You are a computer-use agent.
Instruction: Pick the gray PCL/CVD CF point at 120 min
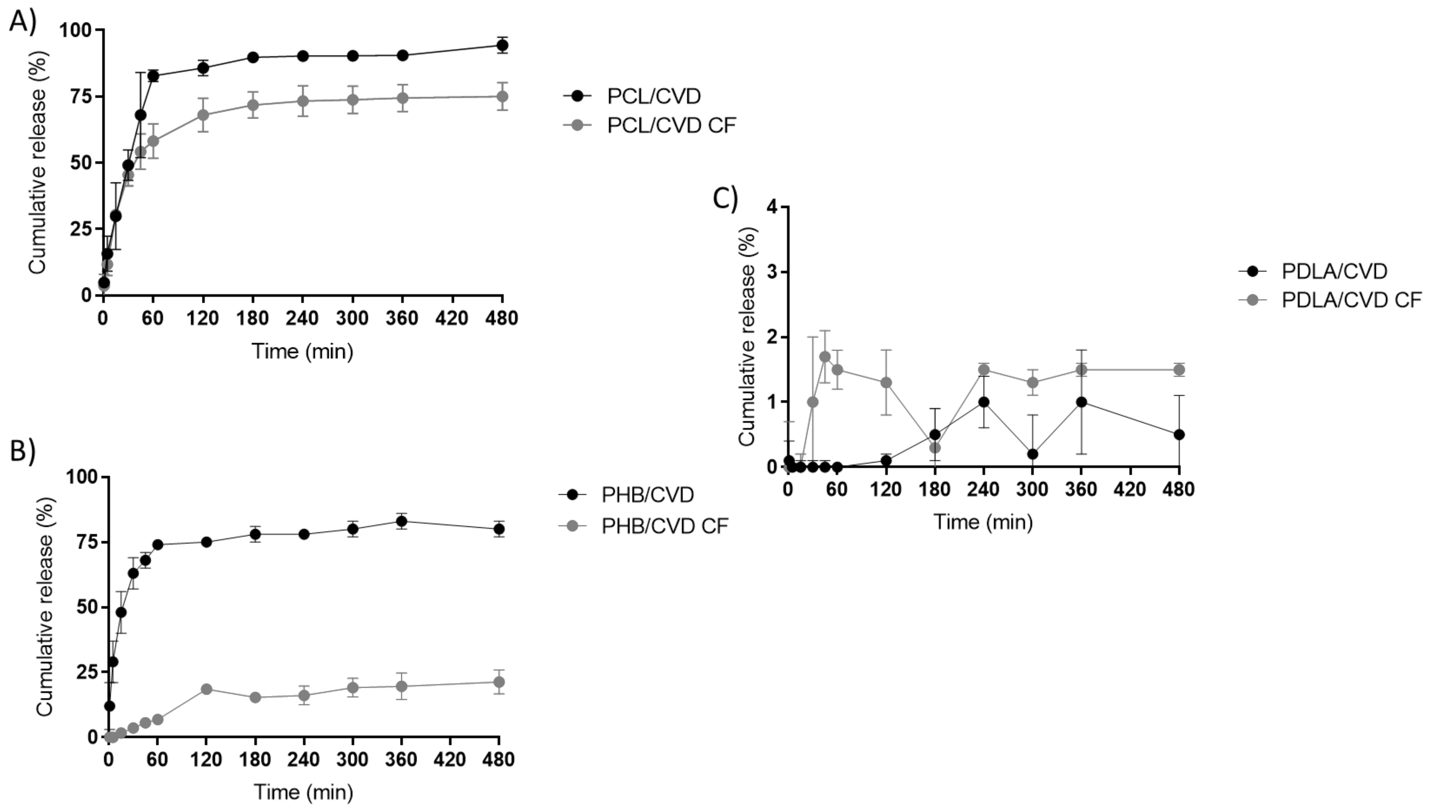pos(203,115)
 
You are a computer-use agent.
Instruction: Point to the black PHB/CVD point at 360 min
pos(401,522)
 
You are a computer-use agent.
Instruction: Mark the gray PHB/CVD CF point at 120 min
pos(206,689)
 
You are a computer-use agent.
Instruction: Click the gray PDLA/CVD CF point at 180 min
pos(935,447)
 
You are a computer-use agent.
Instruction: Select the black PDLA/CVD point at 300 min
pos(1032,454)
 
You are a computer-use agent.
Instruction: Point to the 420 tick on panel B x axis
pos(449,760)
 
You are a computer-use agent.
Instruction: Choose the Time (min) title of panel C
pos(983,522)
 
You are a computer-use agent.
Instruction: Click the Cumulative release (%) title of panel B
pos(44,606)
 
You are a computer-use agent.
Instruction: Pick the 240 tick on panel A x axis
pos(302,319)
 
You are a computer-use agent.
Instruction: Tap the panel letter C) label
pos(726,198)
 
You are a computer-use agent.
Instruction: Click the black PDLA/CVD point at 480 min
pos(1179,435)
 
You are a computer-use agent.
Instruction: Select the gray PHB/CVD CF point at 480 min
pos(499,682)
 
